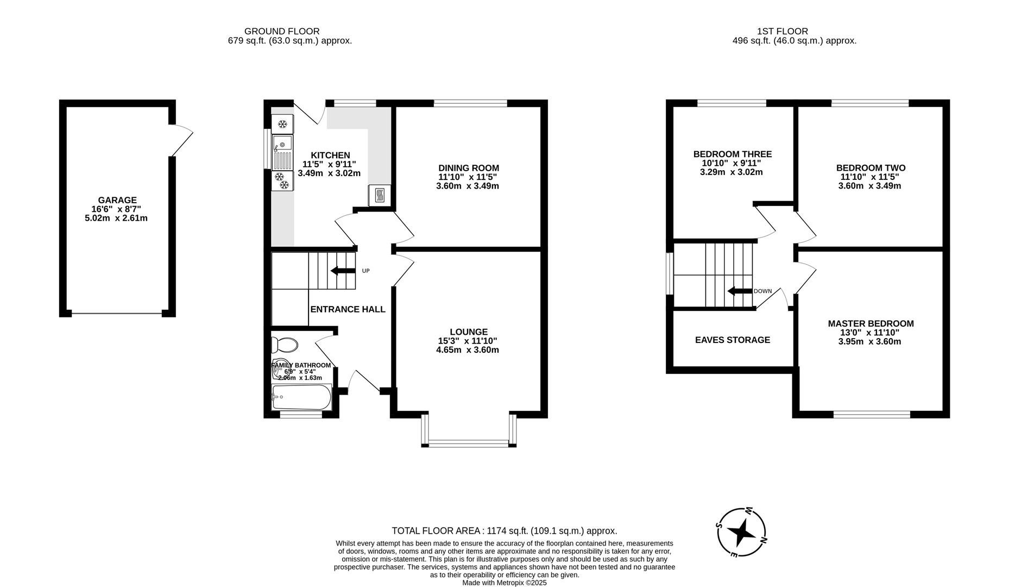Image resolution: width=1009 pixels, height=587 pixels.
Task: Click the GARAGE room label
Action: (117, 200)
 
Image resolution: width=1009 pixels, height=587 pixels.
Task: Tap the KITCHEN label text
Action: (330, 155)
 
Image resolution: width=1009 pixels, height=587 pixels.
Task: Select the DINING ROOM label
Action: (468, 168)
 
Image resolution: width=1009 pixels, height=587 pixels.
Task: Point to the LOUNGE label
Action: (468, 332)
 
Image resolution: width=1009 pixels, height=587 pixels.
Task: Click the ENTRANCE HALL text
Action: (348, 309)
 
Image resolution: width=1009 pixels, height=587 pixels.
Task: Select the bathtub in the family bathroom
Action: (301, 397)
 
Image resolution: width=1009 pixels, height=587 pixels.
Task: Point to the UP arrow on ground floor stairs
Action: (342, 271)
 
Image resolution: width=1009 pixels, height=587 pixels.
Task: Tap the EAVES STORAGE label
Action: (732, 340)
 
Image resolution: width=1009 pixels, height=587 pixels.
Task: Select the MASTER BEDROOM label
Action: (870, 323)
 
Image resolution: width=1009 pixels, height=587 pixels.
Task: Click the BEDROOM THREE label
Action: (732, 154)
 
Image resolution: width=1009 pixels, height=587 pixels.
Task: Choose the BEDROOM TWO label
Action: (870, 168)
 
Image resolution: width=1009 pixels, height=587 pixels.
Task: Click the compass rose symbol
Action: (742, 533)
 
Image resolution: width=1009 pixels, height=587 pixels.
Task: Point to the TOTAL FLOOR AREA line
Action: (504, 531)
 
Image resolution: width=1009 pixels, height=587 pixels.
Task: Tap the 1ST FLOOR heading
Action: (782, 32)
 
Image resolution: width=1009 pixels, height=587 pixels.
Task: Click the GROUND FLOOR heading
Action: (281, 32)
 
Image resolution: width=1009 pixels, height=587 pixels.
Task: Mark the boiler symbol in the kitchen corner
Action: (379, 195)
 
